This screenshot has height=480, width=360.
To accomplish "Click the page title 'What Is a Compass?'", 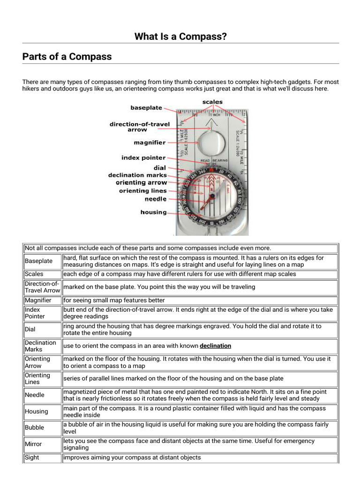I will [x=180, y=36].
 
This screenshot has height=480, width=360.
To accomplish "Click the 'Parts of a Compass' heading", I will [x=67, y=57].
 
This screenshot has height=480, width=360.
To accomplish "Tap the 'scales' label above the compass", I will [x=212, y=102].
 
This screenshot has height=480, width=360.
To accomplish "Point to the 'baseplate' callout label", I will [x=146, y=108].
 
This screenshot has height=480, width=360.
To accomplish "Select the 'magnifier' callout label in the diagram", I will [x=149, y=142].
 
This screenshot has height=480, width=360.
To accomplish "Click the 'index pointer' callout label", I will [x=143, y=158].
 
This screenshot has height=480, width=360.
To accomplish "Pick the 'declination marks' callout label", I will [x=137, y=175].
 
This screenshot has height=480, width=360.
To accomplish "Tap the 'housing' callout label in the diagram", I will [x=153, y=212].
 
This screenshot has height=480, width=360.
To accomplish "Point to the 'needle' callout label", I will [x=155, y=199].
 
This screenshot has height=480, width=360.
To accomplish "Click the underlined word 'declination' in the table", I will [x=215, y=346].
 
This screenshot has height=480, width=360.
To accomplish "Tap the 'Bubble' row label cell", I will [x=35, y=427].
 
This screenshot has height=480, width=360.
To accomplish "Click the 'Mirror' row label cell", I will [x=33, y=444].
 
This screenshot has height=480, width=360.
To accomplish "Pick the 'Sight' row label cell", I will [x=32, y=457].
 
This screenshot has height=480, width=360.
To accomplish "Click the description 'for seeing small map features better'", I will [x=114, y=300].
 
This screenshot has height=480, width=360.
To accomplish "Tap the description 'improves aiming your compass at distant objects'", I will [x=132, y=457].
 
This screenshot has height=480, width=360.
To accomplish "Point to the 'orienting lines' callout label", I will [x=142, y=191].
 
